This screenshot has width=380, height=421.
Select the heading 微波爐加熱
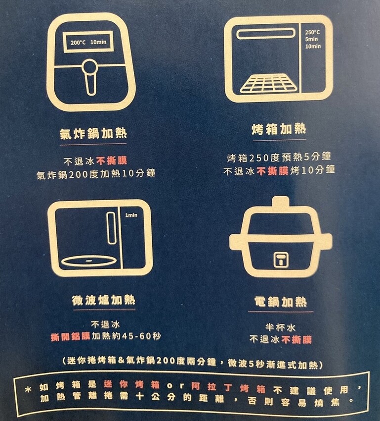pyautogui.click(x=103, y=300)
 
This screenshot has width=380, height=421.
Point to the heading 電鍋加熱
pyautogui.click(x=280, y=302)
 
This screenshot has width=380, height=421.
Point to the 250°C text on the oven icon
pyautogui.click(x=312, y=32)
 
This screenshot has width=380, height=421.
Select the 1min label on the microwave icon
pyautogui.click(x=131, y=215)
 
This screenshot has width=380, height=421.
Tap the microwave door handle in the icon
pyautogui.click(x=111, y=228)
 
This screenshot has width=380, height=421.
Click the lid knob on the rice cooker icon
pyautogui.click(x=280, y=203)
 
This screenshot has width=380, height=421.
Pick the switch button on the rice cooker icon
pyautogui.click(x=280, y=259)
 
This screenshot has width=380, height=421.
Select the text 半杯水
pyautogui.click(x=280, y=327)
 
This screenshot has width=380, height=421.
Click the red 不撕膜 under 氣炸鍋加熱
pyautogui.click(x=112, y=161)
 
